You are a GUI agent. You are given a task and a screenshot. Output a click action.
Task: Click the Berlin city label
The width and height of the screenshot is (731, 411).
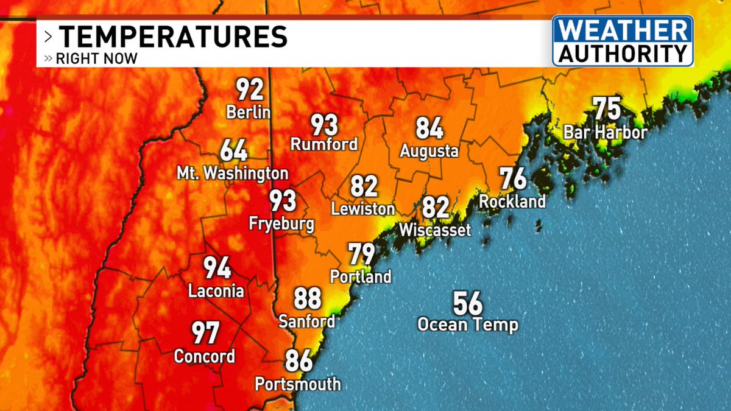[x=248, y=113]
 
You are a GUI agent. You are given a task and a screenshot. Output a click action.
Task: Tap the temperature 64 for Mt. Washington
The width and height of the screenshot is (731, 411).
[x=234, y=150]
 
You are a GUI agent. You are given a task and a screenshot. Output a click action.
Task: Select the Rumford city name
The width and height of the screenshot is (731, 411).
[x=323, y=145]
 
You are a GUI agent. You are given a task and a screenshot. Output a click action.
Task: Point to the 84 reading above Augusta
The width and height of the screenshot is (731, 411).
[x=429, y=128]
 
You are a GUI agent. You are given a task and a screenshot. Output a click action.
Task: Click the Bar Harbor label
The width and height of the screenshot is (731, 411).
[x=605, y=132]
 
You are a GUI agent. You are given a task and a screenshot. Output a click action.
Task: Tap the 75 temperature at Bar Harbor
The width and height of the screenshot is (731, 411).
[x=607, y=110]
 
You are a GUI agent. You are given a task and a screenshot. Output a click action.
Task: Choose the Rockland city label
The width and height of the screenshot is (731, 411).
[x=512, y=201]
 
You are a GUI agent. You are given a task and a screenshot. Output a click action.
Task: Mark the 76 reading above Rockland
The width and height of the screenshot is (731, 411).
[x=513, y=179]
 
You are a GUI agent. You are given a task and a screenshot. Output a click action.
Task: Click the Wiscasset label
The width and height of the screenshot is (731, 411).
[x=435, y=230]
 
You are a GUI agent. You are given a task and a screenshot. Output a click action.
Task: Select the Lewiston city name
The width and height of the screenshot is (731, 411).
[x=363, y=209]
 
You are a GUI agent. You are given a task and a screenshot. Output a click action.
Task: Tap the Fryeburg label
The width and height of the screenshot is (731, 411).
[x=282, y=223]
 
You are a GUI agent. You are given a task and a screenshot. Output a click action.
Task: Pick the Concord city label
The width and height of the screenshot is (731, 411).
[x=205, y=356]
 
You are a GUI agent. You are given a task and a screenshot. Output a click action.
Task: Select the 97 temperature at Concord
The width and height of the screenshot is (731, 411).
[x=206, y=333]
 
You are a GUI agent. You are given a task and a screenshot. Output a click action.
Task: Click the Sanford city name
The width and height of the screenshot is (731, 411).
[x=307, y=321]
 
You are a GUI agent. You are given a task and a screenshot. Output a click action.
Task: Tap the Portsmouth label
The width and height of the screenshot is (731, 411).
[x=298, y=384]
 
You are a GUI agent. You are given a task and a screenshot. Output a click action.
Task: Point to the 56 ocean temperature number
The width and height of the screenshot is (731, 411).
[x=467, y=303]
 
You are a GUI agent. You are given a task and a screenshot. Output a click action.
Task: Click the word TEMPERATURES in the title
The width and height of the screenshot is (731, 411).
[x=174, y=37]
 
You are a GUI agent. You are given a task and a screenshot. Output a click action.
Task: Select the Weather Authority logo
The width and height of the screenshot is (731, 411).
[x=623, y=41]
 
